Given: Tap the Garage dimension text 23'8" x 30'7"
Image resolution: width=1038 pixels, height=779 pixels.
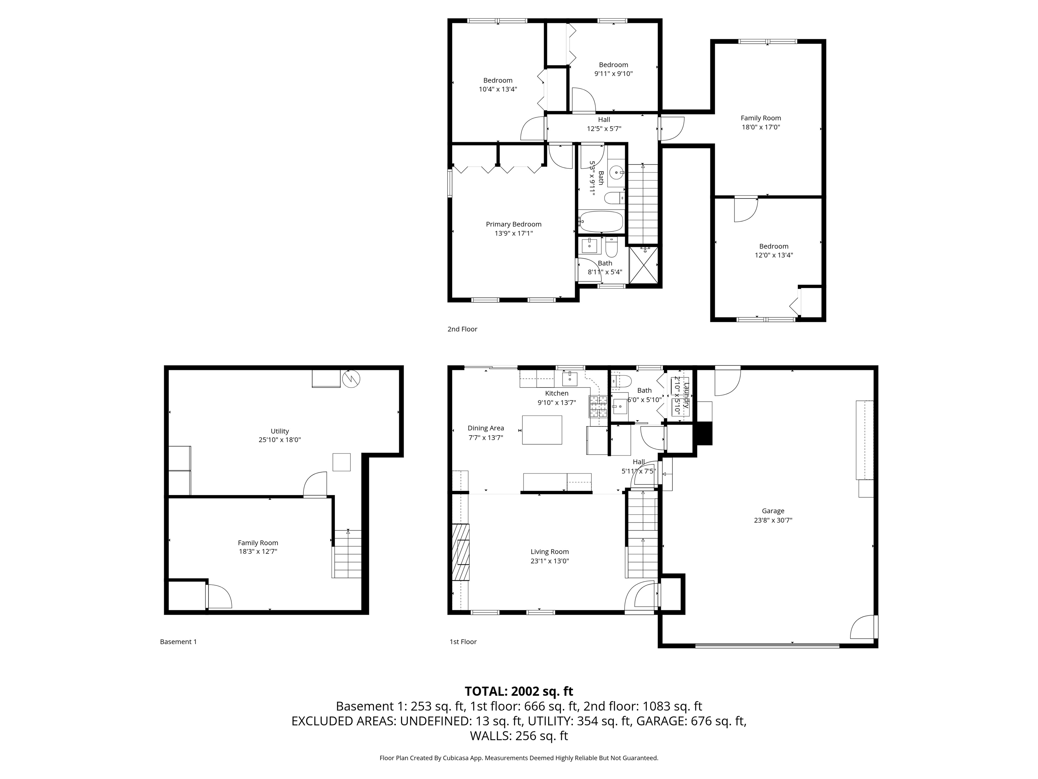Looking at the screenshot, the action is click(x=773, y=520).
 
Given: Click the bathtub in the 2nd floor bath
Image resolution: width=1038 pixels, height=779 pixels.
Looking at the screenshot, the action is click(x=601, y=221).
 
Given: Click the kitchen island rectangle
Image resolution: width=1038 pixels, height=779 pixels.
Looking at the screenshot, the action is click(x=542, y=430).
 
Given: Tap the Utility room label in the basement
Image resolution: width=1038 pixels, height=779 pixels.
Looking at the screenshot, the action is click(x=280, y=431).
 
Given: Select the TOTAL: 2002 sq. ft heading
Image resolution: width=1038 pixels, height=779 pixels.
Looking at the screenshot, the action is click(x=519, y=691).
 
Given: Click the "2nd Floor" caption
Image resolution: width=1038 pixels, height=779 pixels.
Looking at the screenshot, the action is click(x=462, y=329).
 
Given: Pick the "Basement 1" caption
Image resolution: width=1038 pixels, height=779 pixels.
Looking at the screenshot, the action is click(x=178, y=642).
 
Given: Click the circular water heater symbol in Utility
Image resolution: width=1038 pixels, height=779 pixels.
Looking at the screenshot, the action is click(x=351, y=379).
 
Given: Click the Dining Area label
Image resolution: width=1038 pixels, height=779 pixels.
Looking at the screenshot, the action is click(x=486, y=428).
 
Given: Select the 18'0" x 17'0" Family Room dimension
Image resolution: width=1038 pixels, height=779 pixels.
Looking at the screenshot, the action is click(x=761, y=127).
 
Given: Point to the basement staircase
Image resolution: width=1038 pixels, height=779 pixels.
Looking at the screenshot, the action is click(x=348, y=554).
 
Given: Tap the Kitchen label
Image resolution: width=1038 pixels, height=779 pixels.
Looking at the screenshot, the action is click(x=557, y=394).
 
